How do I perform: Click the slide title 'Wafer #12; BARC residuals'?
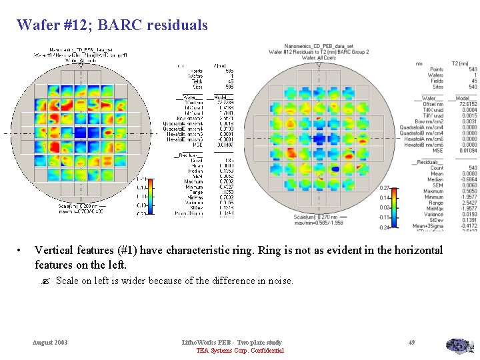[x=112, y=25]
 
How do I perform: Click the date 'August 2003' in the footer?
[x=51, y=342]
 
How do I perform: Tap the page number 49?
[x=411, y=342]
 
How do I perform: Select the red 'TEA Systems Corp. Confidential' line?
[x=240, y=351]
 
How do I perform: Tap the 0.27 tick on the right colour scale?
[x=385, y=188]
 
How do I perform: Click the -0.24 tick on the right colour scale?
[x=385, y=227]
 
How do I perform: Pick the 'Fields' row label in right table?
[x=436, y=81]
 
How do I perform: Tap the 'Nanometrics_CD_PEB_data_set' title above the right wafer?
[x=318, y=47]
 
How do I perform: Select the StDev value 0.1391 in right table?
[x=469, y=220]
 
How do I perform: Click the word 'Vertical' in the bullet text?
[x=53, y=251]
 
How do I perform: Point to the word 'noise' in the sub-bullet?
[x=279, y=281]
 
